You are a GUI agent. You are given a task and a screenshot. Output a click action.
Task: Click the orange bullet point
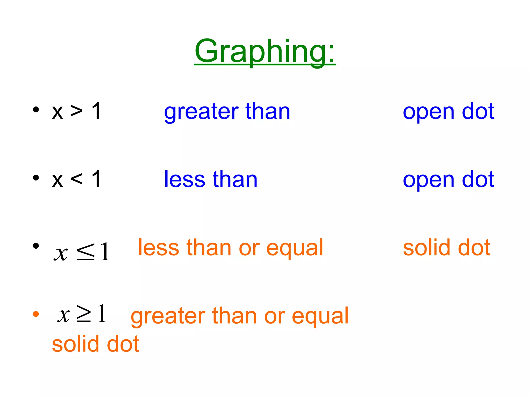pyautogui.click(x=36, y=314)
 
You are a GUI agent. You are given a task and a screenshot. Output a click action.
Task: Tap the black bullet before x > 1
pyautogui.click(x=36, y=110)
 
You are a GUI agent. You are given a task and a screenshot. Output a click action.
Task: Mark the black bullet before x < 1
pyautogui.click(x=36, y=178)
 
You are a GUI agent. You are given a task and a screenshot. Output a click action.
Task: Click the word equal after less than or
pyautogui.click(x=295, y=248)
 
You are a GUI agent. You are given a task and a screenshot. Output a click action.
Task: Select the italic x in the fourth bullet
pyautogui.click(x=64, y=315)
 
